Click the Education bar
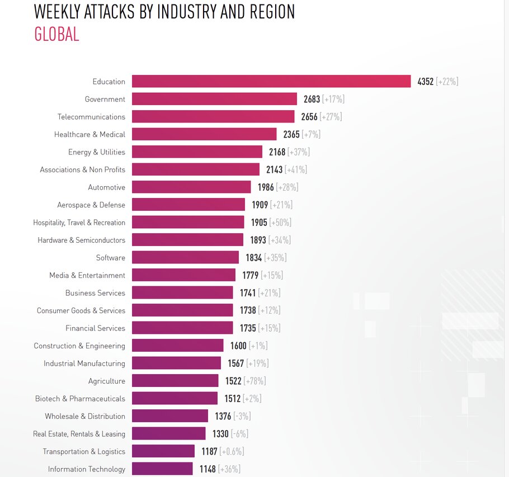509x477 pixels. click(x=271, y=81)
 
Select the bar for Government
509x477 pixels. click(x=214, y=99)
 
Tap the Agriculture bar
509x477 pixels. click(x=175, y=381)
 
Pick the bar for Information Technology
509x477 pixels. click(x=162, y=469)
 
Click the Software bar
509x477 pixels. click(x=185, y=257)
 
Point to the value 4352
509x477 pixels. click(x=425, y=82)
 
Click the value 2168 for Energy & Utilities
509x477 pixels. click(x=277, y=152)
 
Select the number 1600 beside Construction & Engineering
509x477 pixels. click(x=238, y=346)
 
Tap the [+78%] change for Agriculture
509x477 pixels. click(x=255, y=381)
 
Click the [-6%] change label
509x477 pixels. click(x=239, y=433)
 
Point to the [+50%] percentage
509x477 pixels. click(x=280, y=222)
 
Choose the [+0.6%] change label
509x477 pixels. click(x=232, y=451)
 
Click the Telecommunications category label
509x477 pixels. click(x=91, y=117)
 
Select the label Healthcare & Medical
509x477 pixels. click(x=89, y=134)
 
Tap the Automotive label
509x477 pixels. click(x=106, y=187)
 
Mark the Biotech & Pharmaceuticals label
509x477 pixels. click(x=80, y=399)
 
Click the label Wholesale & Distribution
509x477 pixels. click(x=85, y=416)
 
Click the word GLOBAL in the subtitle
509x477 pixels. click(x=56, y=34)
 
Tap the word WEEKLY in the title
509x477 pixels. click(x=57, y=12)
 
